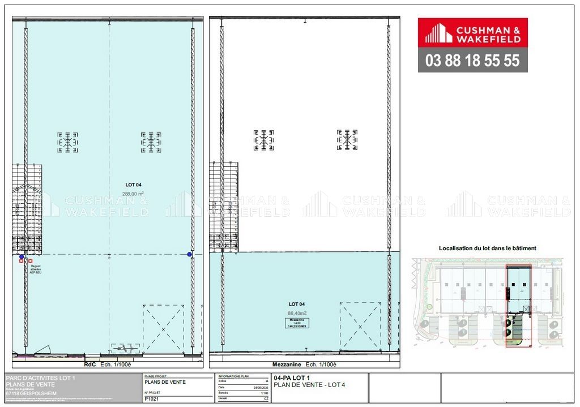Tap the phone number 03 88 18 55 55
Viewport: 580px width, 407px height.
pyautogui.click(x=472, y=61)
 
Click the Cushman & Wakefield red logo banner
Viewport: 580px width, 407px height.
pyautogui.click(x=472, y=32)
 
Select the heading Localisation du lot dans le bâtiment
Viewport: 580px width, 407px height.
pyautogui.click(x=487, y=248)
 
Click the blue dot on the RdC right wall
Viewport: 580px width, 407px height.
pyautogui.click(x=190, y=255)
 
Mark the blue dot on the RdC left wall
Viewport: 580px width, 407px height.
pyautogui.click(x=22, y=256)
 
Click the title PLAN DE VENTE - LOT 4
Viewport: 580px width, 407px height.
pyautogui.click(x=309, y=385)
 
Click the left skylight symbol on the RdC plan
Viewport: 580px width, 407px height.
pyautogui.click(x=67, y=142)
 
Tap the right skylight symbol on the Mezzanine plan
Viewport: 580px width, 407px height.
pyautogui.click(x=347, y=140)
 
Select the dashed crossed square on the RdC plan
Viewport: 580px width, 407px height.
pyautogui.click(x=163, y=328)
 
